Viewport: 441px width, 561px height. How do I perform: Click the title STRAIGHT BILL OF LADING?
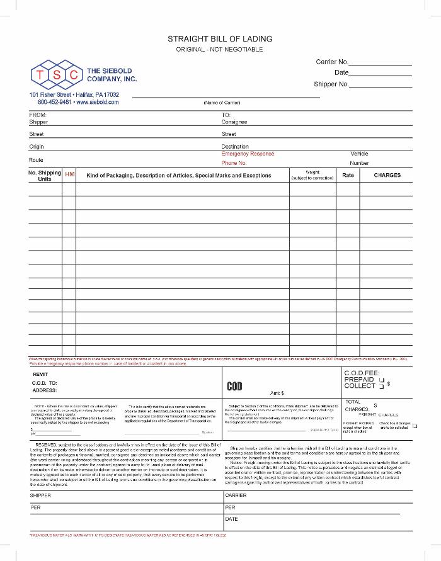pyautogui.click(x=220, y=39)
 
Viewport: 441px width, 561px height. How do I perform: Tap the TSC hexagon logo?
pyautogui.click(x=56, y=75)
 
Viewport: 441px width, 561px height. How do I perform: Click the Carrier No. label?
pyautogui.click(x=331, y=62)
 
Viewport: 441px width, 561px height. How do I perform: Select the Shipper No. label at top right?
pyautogui.click(x=331, y=84)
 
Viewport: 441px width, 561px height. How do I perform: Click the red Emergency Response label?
pyautogui.click(x=248, y=154)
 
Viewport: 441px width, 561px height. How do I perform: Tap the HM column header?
pyautogui.click(x=70, y=174)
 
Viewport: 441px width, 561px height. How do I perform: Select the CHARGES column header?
pyautogui.click(x=387, y=175)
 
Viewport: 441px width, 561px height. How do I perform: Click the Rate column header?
pyautogui.click(x=348, y=175)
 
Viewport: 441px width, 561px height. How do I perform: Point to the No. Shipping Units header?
pyautogui.click(x=45, y=176)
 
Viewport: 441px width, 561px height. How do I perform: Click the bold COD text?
pyautogui.click(x=234, y=386)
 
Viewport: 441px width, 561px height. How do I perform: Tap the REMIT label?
pyautogui.click(x=40, y=373)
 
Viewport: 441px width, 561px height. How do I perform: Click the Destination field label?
pyautogui.click(x=235, y=146)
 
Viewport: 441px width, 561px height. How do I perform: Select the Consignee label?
pyautogui.click(x=234, y=122)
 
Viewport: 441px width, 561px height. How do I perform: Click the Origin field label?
pyautogui.click(x=37, y=146)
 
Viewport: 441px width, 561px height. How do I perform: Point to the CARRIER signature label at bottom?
pyautogui.click(x=236, y=495)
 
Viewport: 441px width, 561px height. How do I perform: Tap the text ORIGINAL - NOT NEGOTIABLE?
pyautogui.click(x=220, y=49)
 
